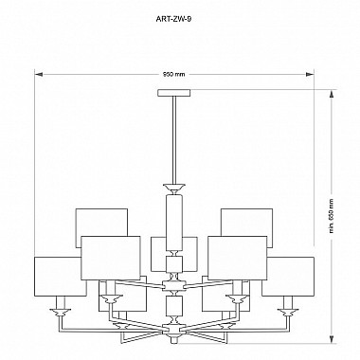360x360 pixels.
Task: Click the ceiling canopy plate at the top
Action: click(173, 92)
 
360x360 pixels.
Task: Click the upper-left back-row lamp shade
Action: click(100, 222)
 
